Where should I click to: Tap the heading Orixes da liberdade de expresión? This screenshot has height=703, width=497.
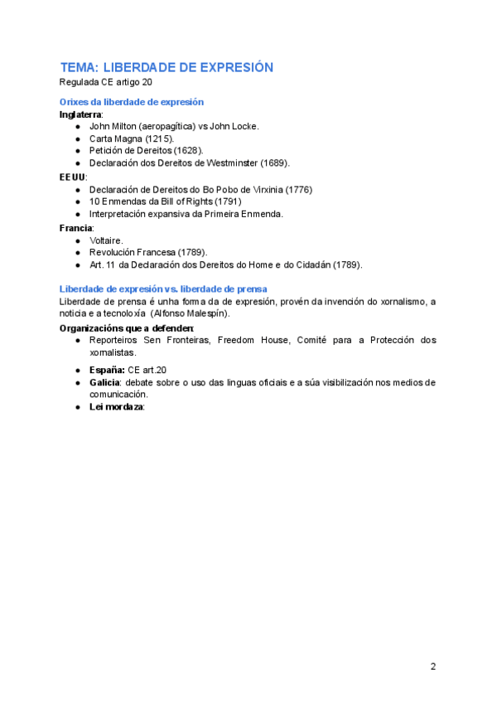[x=132, y=102]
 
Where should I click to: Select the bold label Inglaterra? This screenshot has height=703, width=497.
[x=80, y=114]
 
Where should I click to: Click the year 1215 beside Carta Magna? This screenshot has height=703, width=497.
[x=159, y=138]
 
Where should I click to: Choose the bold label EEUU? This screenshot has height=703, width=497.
[x=73, y=177]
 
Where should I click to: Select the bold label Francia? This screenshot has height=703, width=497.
[x=76, y=227]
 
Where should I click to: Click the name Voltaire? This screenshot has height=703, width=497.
[x=106, y=240]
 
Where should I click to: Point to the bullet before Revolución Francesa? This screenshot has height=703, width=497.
[x=77, y=252]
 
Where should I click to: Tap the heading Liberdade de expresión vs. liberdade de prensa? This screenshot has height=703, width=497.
[x=163, y=288]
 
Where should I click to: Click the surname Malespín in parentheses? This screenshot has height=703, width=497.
[x=210, y=313]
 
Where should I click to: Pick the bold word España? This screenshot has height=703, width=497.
[x=107, y=370]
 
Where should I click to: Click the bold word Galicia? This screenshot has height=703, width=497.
[x=105, y=382]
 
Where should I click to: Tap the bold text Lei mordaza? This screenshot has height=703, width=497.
[x=117, y=407]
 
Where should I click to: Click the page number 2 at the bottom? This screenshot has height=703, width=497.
[x=433, y=667]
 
